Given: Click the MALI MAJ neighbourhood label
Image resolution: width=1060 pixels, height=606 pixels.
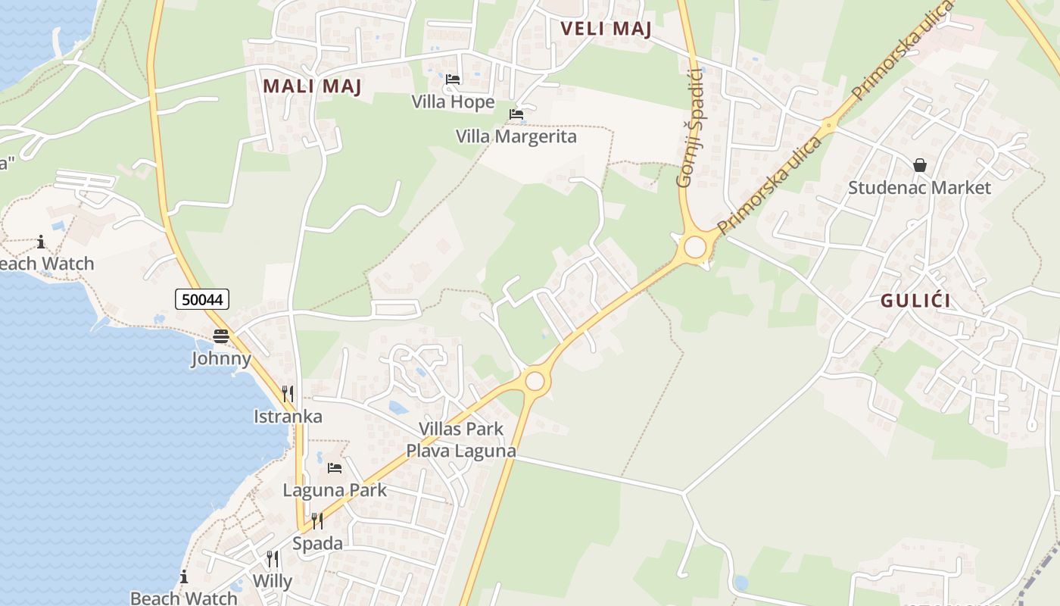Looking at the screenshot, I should pos(312,86).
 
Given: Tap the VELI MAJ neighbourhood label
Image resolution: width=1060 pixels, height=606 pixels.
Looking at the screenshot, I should pos(606,30).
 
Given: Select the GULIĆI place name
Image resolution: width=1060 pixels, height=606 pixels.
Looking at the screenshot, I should pos(915,301).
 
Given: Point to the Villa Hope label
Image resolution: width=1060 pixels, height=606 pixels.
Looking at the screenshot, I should pos(453,102).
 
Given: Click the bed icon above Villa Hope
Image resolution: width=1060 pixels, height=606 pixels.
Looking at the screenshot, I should pos(453,79).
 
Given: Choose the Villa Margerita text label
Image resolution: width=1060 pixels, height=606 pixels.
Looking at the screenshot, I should pos(516,136).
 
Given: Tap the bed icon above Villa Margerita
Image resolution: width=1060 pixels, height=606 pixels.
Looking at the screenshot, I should pos(516,114).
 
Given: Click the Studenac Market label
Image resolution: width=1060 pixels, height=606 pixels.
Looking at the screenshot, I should pos(919,187).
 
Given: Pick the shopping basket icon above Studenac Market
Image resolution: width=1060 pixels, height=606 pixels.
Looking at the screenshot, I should pos(920,164).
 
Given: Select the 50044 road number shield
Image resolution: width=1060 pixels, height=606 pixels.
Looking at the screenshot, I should pos(202,299).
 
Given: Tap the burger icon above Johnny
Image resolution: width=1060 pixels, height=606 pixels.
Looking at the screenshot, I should pos(221,336).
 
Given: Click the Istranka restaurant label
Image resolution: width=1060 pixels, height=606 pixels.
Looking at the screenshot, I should pos(288,416).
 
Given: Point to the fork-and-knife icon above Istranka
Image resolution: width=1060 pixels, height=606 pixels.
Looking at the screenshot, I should pos(288,393).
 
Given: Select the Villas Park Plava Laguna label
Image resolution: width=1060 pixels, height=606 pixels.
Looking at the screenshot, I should pos(461,439).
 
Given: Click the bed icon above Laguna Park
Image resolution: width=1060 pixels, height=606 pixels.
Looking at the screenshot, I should pos(335,467).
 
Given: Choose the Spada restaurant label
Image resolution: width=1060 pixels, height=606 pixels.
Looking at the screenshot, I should pos(317,543).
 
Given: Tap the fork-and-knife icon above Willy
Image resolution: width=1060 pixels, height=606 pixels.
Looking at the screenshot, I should pos(272,559).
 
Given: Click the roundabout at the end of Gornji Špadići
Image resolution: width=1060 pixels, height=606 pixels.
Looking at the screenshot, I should pos(694,248).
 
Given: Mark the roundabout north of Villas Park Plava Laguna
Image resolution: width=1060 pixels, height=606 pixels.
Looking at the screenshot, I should pos(535,380).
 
